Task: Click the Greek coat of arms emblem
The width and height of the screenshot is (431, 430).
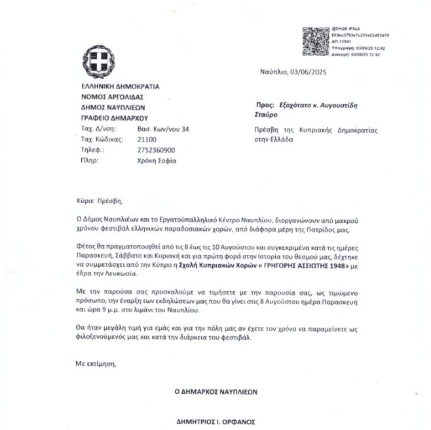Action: point(100,63)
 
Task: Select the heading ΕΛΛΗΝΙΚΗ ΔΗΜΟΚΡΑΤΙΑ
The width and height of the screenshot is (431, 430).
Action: point(120,86)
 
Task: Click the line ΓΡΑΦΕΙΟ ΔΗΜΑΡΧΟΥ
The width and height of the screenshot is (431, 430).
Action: point(114,118)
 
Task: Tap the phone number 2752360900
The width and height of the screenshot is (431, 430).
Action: point(157,149)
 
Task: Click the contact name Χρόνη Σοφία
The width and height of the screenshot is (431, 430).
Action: point(157,160)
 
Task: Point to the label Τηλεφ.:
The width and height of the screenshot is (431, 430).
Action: point(92,149)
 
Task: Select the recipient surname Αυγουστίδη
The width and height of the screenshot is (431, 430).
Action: point(335,105)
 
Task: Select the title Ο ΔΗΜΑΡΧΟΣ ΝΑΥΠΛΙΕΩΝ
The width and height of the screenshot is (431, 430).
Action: point(216,392)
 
